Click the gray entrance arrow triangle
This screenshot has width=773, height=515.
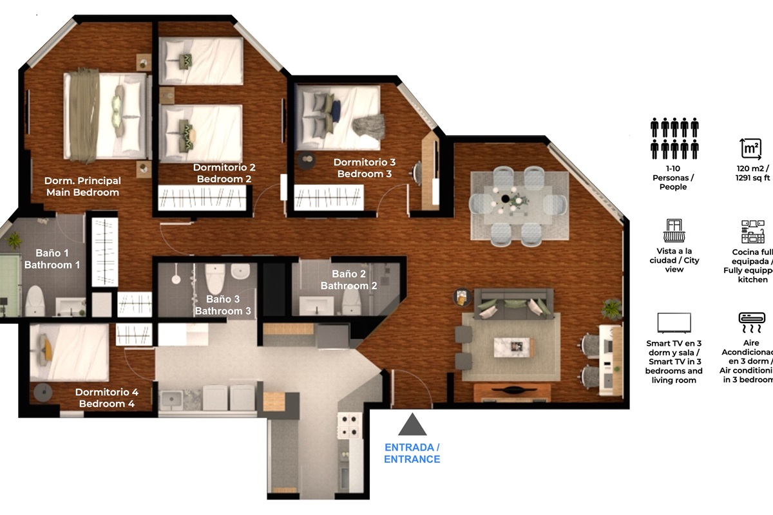tap(412, 426)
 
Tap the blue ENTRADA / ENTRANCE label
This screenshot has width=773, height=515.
tap(412, 453)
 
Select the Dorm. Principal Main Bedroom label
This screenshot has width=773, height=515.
tap(82, 187)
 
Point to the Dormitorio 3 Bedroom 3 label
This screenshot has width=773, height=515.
tap(365, 168)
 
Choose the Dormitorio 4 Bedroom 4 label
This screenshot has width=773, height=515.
tap(106, 398)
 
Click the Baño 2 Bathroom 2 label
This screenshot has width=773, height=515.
tap(349, 280)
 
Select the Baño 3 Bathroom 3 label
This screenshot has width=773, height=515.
tap(223, 305)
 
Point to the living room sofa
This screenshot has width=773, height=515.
tap(513, 304)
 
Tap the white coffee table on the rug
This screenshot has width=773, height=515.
tap(515, 346)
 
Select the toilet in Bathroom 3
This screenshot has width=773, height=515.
tap(215, 278)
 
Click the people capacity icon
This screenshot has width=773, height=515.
tap(674, 138)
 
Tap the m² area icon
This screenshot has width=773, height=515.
tap(750, 148)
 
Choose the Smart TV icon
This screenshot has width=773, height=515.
tap(674, 323)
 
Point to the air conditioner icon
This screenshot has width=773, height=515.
tap(752, 319)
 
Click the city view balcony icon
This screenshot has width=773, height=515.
tap(673, 230)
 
